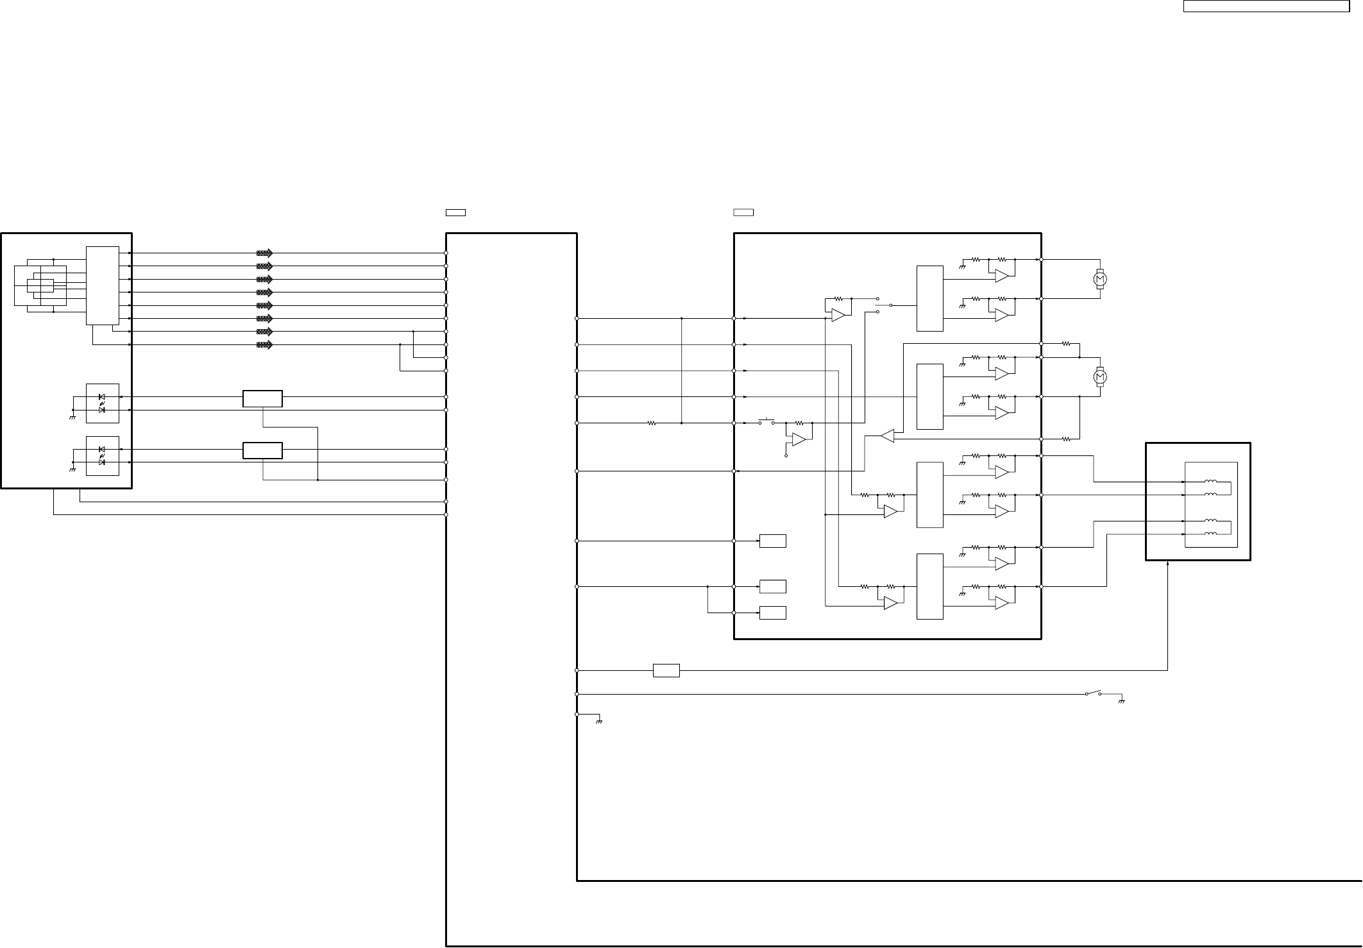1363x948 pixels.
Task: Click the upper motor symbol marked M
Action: (1100, 278)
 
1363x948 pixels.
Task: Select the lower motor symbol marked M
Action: (1100, 377)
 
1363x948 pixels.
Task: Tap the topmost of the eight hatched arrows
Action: (264, 253)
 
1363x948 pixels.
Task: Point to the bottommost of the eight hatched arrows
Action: (264, 345)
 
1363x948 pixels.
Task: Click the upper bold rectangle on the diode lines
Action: (262, 398)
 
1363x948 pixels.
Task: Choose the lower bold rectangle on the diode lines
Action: (262, 450)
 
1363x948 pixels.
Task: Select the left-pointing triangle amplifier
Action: (887, 436)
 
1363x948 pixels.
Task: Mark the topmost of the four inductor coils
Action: (1211, 482)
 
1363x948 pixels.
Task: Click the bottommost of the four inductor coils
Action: (1211, 534)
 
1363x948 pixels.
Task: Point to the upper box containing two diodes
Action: (103, 403)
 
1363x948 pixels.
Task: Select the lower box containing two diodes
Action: (103, 455)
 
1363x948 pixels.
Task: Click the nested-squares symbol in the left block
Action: (40, 285)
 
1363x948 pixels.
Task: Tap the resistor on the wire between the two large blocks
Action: (652, 423)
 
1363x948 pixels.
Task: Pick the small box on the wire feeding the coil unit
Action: (666, 670)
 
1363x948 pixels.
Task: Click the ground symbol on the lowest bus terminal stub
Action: (599, 722)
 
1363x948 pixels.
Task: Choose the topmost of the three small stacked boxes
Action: (772, 541)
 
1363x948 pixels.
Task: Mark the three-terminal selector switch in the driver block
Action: (884, 305)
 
